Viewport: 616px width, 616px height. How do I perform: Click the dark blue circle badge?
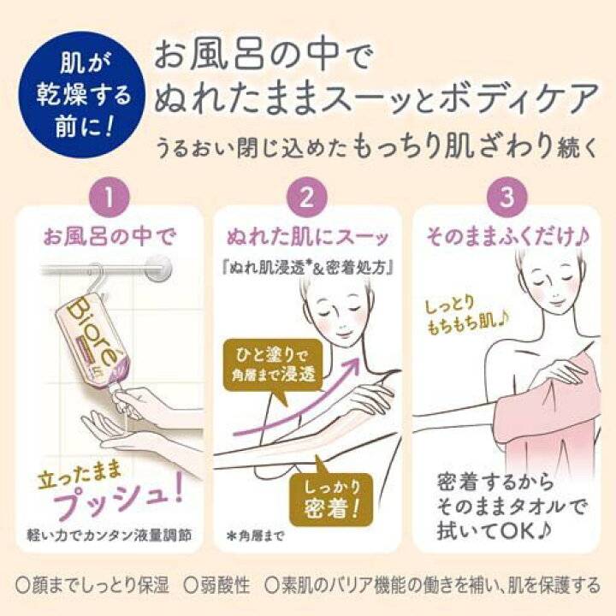[83, 95]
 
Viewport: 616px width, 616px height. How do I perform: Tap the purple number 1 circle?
[110, 198]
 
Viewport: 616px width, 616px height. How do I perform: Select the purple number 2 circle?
[307, 198]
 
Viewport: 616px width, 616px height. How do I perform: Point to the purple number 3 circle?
[506, 198]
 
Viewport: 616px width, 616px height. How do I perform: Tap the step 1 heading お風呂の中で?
[110, 237]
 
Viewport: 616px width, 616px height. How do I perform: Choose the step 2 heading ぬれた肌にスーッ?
[307, 237]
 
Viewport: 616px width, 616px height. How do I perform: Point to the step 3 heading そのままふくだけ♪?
[507, 237]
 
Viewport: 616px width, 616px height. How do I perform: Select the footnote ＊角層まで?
[255, 536]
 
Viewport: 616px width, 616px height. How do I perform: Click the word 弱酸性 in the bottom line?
[216, 585]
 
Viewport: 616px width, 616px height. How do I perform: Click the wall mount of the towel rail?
[158, 269]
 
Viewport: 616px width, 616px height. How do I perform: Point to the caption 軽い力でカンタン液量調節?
[110, 536]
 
